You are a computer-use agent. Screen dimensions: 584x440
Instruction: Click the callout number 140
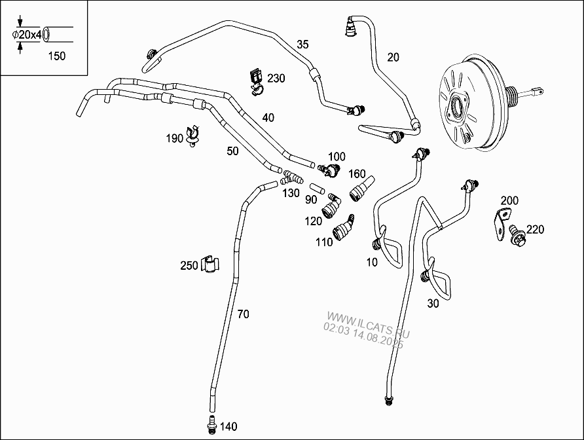click(x=228, y=426)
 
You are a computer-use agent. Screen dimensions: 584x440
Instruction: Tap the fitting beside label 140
click(x=212, y=425)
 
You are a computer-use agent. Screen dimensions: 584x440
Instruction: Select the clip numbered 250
click(x=210, y=264)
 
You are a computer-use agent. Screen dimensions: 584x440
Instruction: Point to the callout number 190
click(x=174, y=139)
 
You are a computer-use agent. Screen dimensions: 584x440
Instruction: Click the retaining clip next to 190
click(x=193, y=136)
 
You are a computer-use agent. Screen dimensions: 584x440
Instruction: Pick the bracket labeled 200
click(x=502, y=223)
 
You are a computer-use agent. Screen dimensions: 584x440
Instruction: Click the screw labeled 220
click(x=518, y=233)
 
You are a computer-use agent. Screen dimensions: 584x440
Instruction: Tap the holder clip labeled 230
click(x=256, y=82)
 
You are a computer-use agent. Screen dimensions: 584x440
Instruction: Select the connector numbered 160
click(x=361, y=189)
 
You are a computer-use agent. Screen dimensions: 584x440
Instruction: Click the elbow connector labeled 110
click(x=344, y=228)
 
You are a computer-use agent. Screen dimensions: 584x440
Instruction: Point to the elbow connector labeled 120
click(x=332, y=207)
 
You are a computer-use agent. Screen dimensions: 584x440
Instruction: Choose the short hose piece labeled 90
click(x=318, y=188)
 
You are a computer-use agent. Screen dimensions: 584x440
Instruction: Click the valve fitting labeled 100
click(x=330, y=170)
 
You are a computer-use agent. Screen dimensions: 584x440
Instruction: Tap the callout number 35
click(x=302, y=45)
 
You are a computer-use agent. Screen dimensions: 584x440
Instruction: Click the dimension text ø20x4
click(x=26, y=35)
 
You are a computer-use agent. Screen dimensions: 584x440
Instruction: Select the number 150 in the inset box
click(x=56, y=56)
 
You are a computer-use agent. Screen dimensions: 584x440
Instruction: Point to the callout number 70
click(x=243, y=314)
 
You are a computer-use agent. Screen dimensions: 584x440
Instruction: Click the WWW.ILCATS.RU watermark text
click(x=368, y=325)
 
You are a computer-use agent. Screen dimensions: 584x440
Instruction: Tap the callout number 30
click(x=433, y=304)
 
